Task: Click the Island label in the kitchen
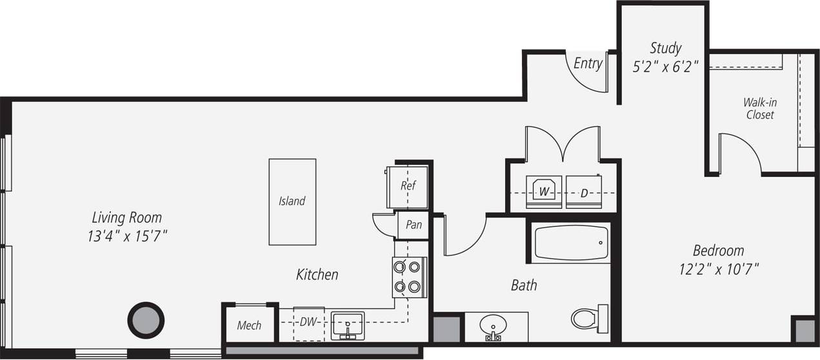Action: coord(292,201)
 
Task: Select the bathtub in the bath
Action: coord(571,243)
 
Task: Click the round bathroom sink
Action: coord(494,325)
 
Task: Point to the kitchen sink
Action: coord(347,325)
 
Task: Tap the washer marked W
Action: coord(544,192)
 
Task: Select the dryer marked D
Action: coord(584,192)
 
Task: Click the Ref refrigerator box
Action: coord(407,186)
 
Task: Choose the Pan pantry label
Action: coord(414,225)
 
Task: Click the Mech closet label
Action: coord(249,325)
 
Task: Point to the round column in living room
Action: coord(146,320)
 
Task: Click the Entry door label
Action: coord(588,63)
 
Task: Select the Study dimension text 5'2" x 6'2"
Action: coord(665,66)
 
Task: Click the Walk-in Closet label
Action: coord(759,108)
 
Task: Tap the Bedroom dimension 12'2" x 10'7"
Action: coord(718,269)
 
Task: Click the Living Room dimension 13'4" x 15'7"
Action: coord(127,236)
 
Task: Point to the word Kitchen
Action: coord(317,275)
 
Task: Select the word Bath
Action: coord(524,285)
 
